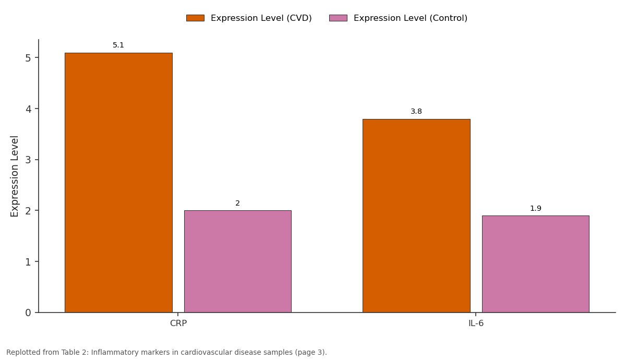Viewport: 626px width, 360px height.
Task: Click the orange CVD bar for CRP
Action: (118, 183)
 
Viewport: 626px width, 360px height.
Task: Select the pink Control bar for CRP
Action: (237, 261)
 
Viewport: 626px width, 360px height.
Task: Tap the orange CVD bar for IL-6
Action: (416, 216)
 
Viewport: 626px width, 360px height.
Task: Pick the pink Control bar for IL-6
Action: (535, 264)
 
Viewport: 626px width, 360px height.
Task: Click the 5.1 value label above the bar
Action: (118, 45)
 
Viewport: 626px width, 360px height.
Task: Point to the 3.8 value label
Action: (416, 111)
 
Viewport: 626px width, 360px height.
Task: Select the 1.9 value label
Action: (535, 208)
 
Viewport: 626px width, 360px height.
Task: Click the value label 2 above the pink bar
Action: (237, 203)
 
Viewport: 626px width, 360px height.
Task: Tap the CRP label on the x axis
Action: (178, 323)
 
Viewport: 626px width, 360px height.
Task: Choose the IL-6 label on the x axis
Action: (476, 323)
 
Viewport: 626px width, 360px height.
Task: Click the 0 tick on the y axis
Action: (28, 313)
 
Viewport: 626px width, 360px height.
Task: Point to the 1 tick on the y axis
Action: (28, 262)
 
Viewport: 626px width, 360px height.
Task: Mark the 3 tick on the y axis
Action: (28, 160)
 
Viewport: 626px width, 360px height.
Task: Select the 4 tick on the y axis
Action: (28, 109)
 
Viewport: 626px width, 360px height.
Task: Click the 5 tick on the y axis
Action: (28, 58)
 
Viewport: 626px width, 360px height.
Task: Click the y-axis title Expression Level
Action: (14, 176)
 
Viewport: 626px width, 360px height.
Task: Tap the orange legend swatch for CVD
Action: (195, 18)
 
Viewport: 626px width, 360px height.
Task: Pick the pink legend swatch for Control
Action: (338, 18)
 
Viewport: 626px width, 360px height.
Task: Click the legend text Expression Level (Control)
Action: (411, 18)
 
